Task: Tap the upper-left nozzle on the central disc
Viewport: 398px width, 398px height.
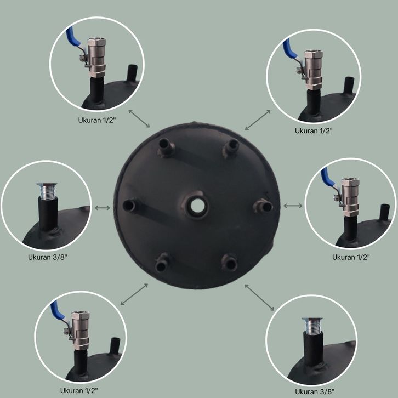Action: (166, 147)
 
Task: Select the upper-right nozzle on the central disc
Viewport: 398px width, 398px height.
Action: (230, 148)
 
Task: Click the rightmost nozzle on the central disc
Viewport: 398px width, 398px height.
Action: (263, 206)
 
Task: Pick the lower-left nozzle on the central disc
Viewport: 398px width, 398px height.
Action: (162, 263)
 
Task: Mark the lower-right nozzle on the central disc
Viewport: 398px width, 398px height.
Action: (229, 262)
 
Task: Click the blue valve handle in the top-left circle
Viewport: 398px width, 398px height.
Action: (72, 36)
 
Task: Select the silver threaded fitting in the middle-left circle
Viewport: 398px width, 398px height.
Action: (47, 190)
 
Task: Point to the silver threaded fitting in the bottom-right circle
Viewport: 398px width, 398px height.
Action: (312, 326)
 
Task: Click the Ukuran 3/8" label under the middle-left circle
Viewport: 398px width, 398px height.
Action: (48, 257)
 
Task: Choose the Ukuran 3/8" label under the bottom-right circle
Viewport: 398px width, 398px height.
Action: (315, 391)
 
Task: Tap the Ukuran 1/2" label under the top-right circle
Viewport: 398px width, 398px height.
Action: (314, 131)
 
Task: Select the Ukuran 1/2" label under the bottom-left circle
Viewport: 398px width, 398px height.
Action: (79, 391)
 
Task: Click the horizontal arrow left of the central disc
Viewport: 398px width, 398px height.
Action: (103, 208)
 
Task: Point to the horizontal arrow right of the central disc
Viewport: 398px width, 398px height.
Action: (293, 206)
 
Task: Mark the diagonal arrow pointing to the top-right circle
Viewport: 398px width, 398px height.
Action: (258, 120)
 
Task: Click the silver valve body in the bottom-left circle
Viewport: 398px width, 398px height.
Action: (80, 329)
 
